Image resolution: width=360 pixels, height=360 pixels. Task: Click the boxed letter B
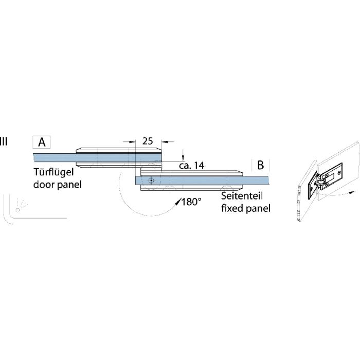[261, 165]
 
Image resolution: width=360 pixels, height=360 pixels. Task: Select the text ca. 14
[191, 166]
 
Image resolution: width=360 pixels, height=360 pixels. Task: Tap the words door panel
[57, 184]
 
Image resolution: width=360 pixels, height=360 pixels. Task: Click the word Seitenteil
[242, 197]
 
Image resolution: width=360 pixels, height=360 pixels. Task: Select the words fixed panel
[245, 208]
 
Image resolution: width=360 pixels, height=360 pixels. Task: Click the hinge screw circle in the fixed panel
[150, 181]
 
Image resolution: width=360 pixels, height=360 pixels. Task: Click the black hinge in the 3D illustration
[318, 189]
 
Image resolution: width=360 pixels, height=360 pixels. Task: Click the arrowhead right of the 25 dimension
[164, 141]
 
